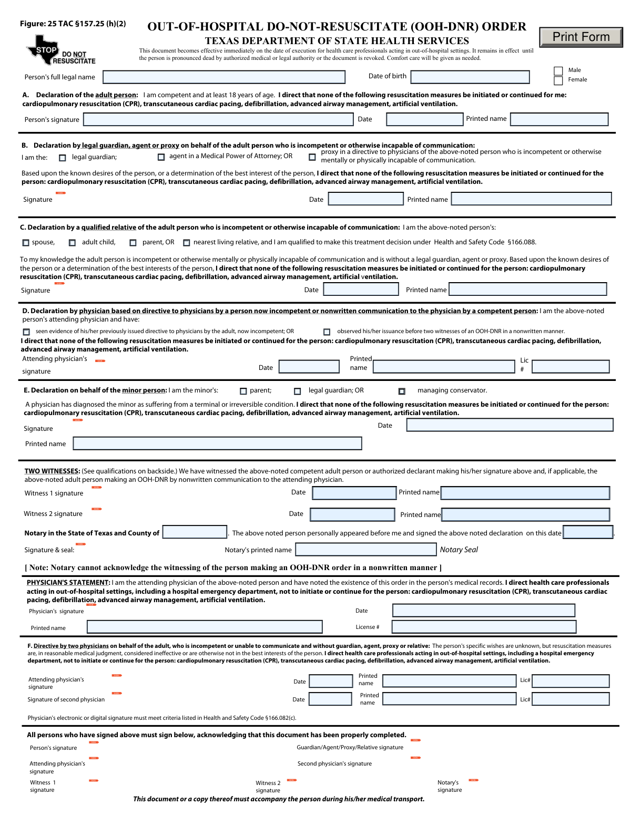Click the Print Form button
click(581, 37)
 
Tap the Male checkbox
click(558, 71)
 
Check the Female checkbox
click(558, 80)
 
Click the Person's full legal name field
click(224, 77)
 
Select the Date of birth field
click(470, 77)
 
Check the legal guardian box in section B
click(63, 158)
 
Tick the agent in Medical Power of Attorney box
click(161, 157)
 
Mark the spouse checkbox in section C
click(26, 243)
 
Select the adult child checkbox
click(73, 243)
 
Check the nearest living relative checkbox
click(186, 243)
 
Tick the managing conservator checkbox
click(402, 391)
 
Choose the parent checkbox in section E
click(243, 391)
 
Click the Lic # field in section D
click(571, 367)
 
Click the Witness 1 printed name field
click(525, 493)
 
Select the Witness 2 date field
click(352, 514)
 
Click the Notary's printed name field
click(366, 550)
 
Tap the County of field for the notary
click(195, 532)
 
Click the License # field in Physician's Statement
click(484, 627)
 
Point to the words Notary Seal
click(459, 550)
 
